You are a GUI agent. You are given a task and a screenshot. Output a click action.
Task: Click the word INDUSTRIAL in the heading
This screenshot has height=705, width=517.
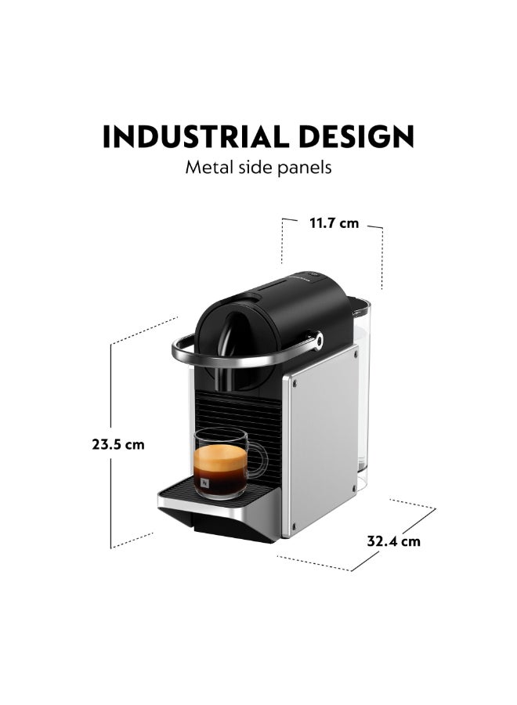tap(196, 136)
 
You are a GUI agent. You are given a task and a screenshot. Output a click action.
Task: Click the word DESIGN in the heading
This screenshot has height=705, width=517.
tap(356, 136)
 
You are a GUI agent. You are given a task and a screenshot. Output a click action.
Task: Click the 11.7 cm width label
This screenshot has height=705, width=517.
tap(334, 223)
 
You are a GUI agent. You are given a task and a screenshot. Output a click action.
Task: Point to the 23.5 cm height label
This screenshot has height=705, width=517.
tap(118, 445)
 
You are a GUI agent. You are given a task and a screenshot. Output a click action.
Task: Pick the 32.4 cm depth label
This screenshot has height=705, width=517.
tap(393, 540)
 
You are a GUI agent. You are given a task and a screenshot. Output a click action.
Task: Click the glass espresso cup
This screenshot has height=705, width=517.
tap(225, 463)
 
